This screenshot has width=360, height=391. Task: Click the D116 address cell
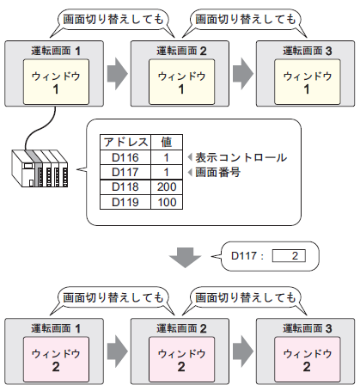125,157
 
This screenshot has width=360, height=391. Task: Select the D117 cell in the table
125,172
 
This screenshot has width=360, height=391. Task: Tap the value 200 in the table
167,187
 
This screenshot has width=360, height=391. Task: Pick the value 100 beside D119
167,202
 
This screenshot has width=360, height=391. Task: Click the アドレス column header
125,142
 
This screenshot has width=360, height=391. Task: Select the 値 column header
167,142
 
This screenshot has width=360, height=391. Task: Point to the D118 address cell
125,187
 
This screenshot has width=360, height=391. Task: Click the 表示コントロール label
241,157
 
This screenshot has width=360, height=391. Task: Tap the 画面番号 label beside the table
217,172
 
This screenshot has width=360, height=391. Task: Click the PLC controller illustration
40,168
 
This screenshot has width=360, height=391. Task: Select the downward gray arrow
185,257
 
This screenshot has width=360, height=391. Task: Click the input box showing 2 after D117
289,255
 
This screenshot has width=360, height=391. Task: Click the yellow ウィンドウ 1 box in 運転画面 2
181,82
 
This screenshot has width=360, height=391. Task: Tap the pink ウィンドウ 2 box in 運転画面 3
308,359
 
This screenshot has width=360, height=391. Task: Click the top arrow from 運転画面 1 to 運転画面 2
118,74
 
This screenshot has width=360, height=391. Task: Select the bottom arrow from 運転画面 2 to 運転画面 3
243,351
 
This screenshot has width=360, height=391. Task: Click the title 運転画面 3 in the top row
307,51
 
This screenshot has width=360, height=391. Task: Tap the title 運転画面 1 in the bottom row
56,328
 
